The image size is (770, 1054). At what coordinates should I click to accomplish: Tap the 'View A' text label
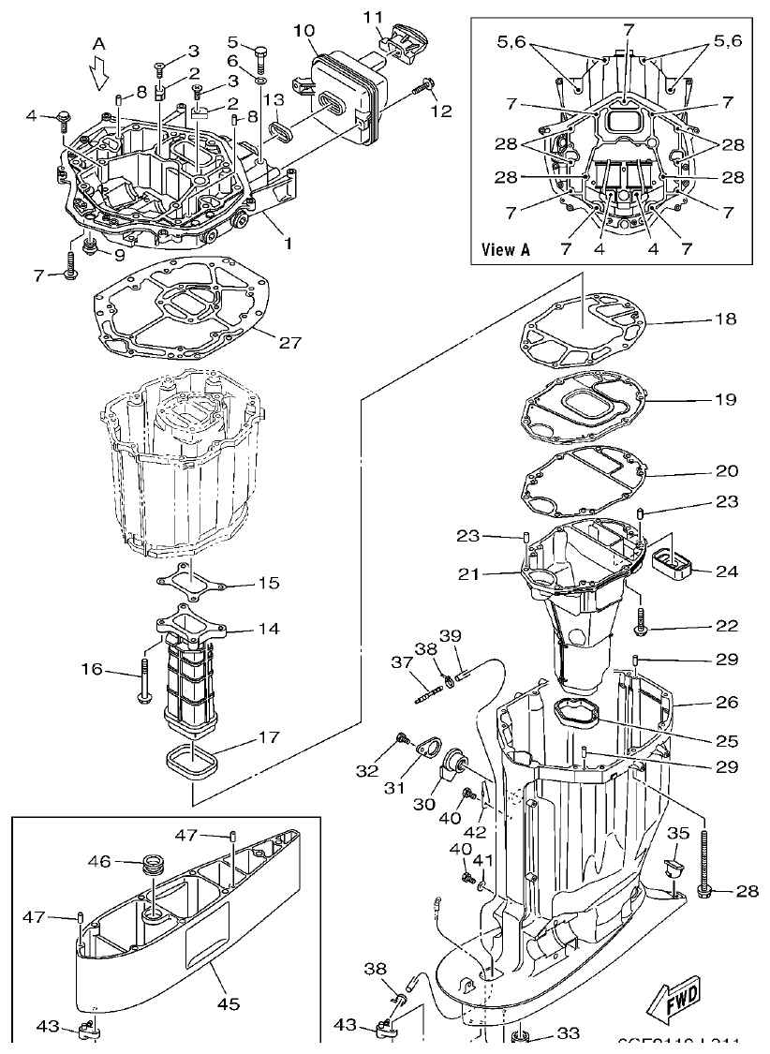click(x=506, y=249)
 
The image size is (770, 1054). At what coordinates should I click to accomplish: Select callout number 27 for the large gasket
click(x=290, y=342)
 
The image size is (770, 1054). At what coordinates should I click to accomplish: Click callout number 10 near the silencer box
click(x=304, y=31)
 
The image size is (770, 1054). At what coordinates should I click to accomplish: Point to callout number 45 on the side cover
click(x=229, y=1003)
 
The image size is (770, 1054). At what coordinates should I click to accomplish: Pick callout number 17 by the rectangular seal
click(x=268, y=737)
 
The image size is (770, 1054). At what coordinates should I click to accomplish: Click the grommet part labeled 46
click(x=151, y=863)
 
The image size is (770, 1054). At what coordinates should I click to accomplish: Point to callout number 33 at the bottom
click(x=569, y=1033)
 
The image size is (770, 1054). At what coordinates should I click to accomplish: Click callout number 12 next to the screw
click(x=440, y=111)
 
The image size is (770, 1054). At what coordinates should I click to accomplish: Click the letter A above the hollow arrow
click(x=98, y=44)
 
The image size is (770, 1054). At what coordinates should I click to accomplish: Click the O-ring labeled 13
click(x=278, y=127)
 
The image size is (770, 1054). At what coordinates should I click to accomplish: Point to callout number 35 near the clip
click(x=678, y=831)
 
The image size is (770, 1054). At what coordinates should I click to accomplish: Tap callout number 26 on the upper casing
click(x=727, y=702)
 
